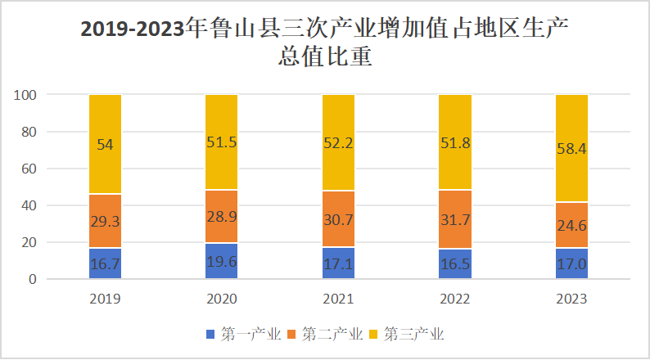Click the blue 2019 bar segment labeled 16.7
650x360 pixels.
[105, 263]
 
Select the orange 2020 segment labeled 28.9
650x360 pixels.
[221, 217]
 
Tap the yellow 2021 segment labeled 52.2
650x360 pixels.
[338, 142]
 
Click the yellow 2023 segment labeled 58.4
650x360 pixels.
[571, 148]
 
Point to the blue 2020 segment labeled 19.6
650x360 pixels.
[221, 261]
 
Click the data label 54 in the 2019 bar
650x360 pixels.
[105, 144]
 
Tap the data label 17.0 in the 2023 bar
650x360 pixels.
[571, 265]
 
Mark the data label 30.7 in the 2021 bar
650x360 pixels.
[338, 219]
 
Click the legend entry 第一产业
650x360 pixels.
[243, 334]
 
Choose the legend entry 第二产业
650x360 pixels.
[325, 334]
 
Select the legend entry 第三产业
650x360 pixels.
[407, 334]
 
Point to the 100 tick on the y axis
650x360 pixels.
[26, 95]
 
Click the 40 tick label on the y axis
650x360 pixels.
[29, 205]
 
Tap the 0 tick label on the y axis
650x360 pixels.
[33, 280]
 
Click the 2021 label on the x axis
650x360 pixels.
[338, 299]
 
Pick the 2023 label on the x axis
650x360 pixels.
[571, 299]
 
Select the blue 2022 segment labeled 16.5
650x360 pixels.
[455, 264]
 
